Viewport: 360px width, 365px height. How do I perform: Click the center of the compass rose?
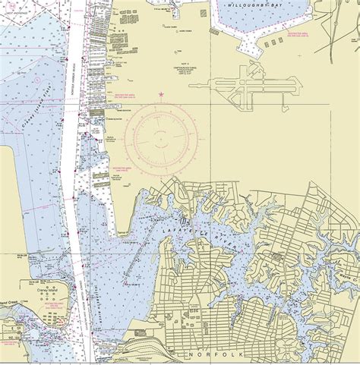point(160,137)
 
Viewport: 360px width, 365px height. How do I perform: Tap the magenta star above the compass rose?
point(160,94)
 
